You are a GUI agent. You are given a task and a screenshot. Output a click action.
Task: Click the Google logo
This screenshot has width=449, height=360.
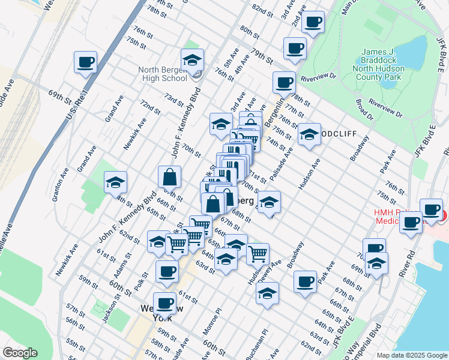(x=20, y=353)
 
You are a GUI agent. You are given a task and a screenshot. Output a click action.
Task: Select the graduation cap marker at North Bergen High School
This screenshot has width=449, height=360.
(x=192, y=61)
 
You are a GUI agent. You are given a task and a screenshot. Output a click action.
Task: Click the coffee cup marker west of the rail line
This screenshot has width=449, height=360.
(x=86, y=62)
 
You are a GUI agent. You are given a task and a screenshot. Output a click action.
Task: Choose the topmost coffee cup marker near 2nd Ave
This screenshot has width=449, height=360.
(x=312, y=23)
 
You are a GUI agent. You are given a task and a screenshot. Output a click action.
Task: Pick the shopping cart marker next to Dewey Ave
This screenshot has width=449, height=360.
(x=258, y=254)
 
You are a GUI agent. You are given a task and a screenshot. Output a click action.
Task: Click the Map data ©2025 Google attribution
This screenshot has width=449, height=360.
(x=412, y=355)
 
